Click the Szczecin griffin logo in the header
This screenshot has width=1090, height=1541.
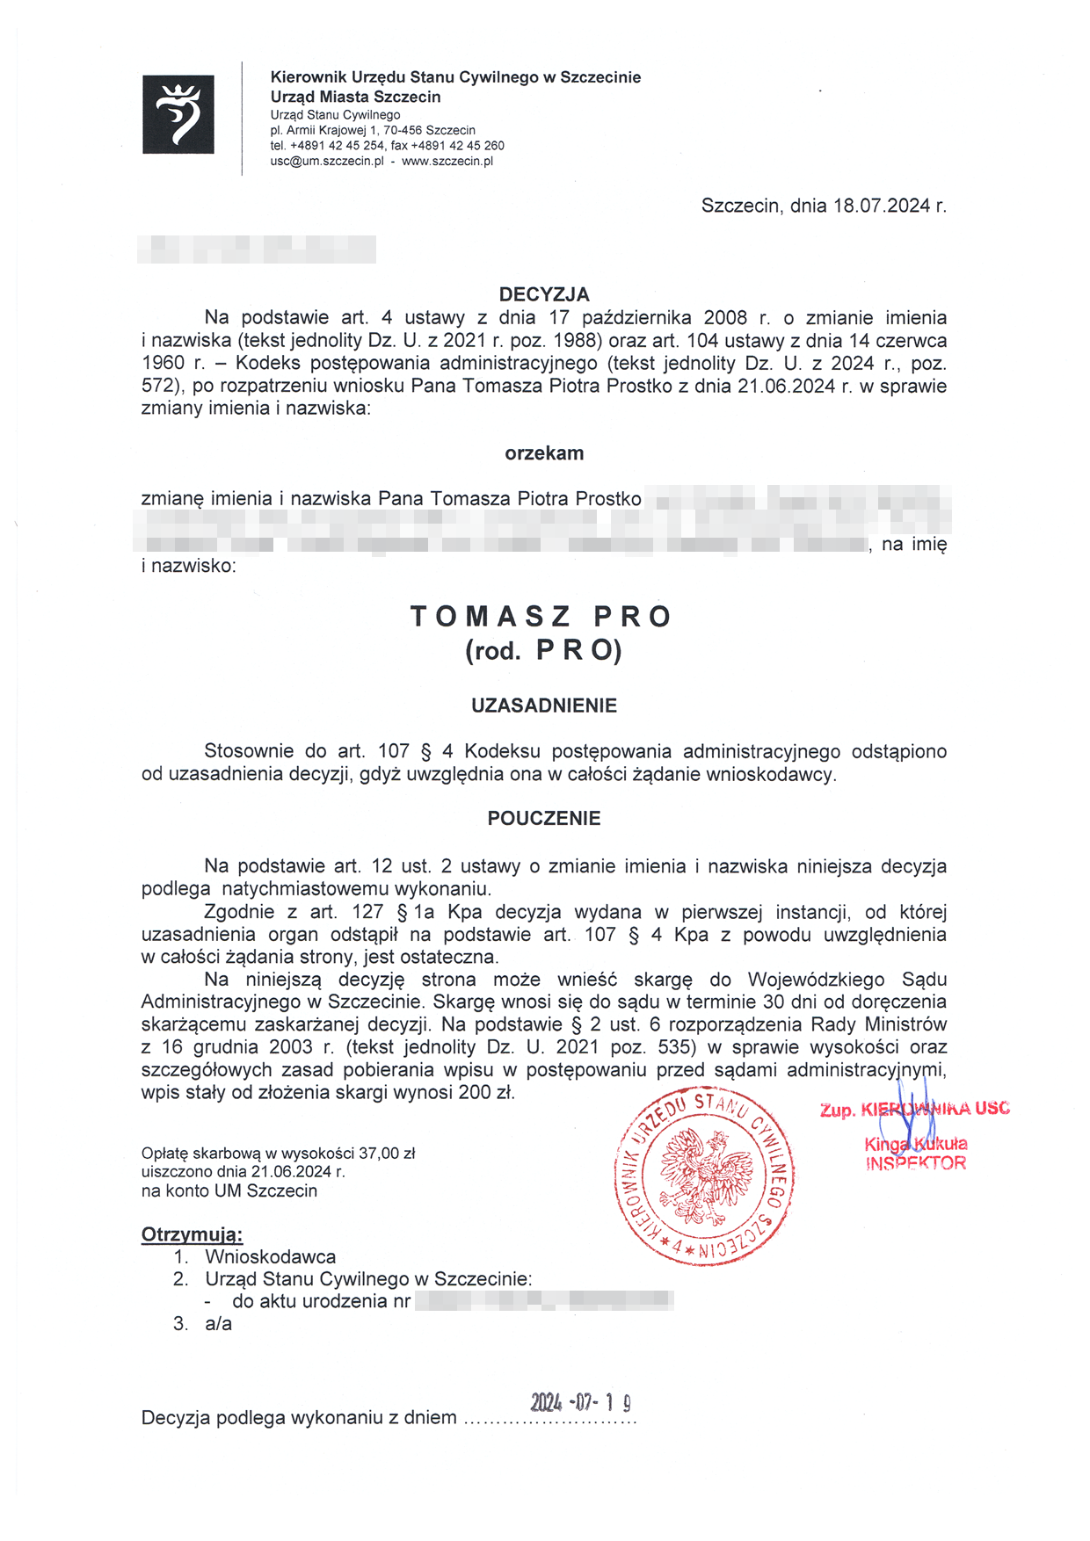(x=178, y=114)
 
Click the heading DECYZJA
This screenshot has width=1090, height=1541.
(x=544, y=294)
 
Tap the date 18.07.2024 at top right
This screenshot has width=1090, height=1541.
(x=882, y=206)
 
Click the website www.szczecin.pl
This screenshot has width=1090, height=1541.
(x=447, y=162)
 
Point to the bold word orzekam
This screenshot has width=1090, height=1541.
(x=544, y=453)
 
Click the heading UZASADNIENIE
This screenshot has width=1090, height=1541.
(x=544, y=705)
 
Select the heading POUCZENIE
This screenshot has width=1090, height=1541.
(x=544, y=819)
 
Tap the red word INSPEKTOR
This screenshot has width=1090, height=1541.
(x=916, y=1163)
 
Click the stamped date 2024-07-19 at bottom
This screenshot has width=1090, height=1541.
(x=581, y=1401)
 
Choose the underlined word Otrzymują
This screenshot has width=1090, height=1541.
(x=192, y=1234)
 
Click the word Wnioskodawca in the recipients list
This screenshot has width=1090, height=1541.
(x=271, y=1257)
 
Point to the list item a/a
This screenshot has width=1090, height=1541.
(x=218, y=1324)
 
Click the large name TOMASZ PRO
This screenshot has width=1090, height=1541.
(x=542, y=617)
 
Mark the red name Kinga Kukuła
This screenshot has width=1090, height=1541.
(x=916, y=1144)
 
